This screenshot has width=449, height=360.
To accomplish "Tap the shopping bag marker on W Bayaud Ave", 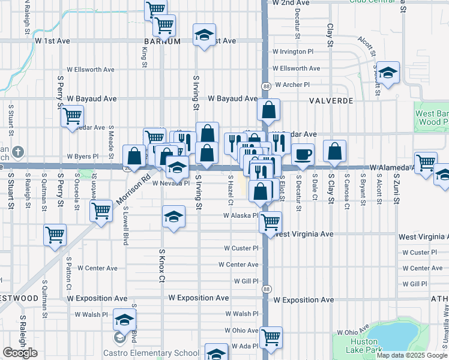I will (269, 110).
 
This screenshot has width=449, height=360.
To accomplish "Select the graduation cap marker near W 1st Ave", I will (204, 35).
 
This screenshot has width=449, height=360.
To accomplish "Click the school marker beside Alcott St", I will (388, 73).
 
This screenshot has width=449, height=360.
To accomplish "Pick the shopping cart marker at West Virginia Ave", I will (271, 222).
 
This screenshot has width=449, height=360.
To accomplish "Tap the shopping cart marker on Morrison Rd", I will (101, 211).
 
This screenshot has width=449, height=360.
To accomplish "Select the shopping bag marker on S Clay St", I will (334, 151).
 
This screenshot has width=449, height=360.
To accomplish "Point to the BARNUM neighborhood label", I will (162, 41).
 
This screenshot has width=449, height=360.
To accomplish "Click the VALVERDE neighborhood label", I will (331, 101).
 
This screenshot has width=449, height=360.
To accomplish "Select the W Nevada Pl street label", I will (171, 183).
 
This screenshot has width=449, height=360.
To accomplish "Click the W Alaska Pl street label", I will (241, 215).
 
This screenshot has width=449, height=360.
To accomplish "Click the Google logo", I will (20, 353).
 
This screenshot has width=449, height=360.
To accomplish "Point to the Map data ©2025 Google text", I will (412, 355).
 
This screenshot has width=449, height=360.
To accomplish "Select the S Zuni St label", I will (396, 188).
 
